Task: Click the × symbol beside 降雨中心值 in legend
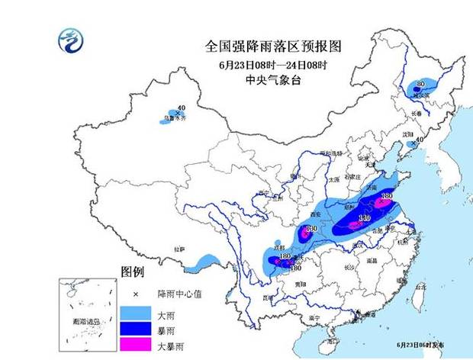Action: point(135,293)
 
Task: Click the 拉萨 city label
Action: point(179,249)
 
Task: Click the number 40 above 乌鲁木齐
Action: point(181,108)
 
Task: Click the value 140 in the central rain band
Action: point(364,219)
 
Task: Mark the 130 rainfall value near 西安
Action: point(311,229)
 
